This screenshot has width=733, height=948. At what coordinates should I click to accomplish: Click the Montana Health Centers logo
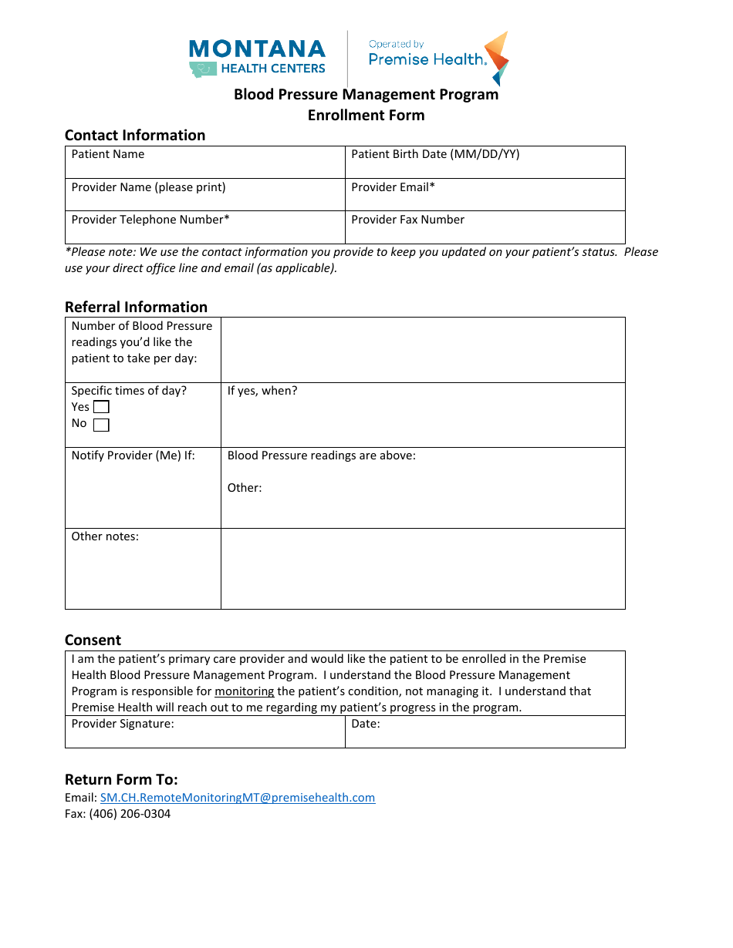coord(257,58)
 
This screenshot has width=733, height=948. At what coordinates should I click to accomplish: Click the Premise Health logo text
coord(427,59)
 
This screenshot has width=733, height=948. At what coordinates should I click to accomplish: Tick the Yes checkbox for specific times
coord(101,407)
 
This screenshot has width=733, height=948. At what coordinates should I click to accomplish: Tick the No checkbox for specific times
coord(101,425)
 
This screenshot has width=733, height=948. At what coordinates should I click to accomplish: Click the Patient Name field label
coord(108,154)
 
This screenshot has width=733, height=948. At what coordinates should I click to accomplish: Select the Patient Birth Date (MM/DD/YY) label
coord(435,154)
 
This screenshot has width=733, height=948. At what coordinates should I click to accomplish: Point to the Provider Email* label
coord(394,187)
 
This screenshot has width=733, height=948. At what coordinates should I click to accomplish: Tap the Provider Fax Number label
coord(407,220)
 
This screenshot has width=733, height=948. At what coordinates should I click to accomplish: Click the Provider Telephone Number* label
coord(150,220)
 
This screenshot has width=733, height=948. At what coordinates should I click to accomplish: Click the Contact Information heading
coord(135,136)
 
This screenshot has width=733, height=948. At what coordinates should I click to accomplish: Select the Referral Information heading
coord(136,307)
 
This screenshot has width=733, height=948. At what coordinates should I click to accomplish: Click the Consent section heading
coord(93,640)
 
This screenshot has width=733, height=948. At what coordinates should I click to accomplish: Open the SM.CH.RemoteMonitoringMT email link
coord(238,798)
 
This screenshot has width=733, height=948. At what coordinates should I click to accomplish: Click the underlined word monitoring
coord(244,691)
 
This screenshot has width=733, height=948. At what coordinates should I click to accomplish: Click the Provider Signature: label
coord(123,724)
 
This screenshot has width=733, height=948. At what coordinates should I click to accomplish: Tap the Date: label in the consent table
coord(366,724)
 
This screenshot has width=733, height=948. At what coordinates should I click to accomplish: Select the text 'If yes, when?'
coord(262,391)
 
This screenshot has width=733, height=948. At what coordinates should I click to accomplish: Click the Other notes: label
coord(105,536)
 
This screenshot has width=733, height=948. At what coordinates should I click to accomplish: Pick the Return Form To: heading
coord(121,779)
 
